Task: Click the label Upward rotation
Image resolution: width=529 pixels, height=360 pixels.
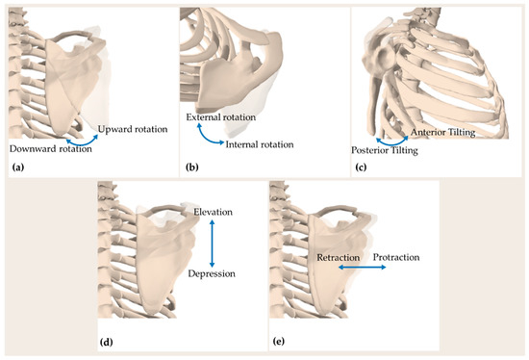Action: (x=131, y=128)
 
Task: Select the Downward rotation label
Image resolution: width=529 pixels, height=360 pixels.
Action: (x=43, y=148)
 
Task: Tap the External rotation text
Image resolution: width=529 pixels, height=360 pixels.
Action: (x=221, y=117)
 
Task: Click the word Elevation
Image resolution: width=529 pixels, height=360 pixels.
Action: (x=214, y=211)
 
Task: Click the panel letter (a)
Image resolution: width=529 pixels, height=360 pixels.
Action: (x=17, y=167)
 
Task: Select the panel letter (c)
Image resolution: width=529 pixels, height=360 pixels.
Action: (x=365, y=167)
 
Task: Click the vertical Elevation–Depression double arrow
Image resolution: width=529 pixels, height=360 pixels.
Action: (x=213, y=243)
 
